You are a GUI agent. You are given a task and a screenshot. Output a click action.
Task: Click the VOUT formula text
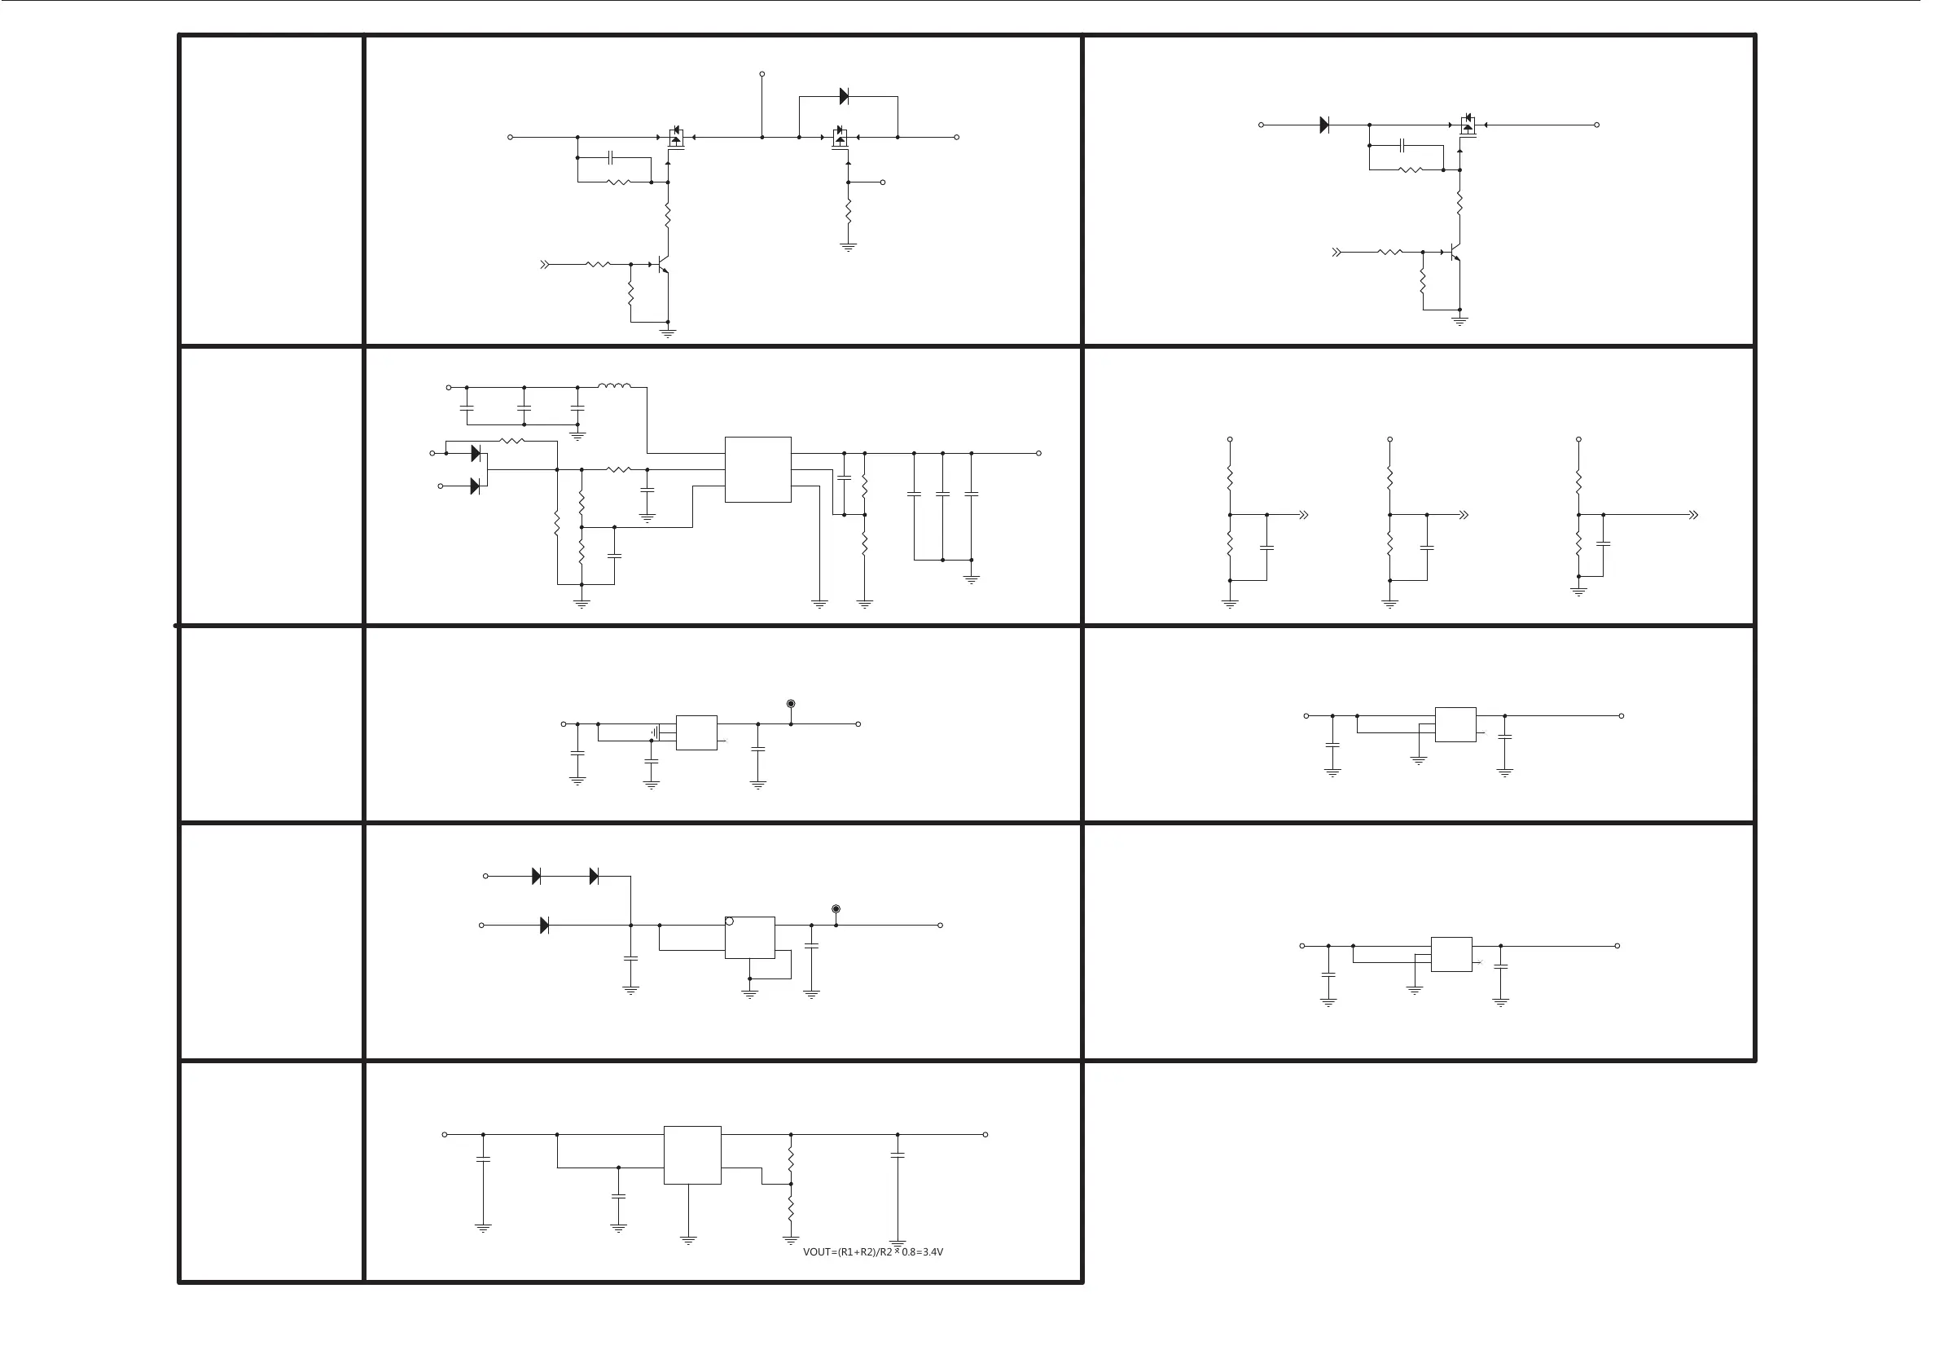click(x=872, y=1252)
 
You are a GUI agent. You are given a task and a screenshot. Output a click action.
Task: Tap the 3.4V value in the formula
click(x=932, y=1252)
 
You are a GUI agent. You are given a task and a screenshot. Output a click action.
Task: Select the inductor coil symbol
click(x=614, y=387)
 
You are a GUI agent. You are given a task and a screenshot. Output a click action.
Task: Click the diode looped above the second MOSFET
click(x=843, y=96)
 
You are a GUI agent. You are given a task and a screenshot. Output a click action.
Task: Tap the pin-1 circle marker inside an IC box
click(x=730, y=921)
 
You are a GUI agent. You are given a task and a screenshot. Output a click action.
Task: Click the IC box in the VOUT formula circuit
click(x=692, y=1154)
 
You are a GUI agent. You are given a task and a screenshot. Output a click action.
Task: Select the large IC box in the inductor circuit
click(x=758, y=469)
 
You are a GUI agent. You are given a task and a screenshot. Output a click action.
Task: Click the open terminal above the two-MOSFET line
click(x=762, y=74)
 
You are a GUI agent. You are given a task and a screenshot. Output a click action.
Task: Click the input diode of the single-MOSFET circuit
click(x=1324, y=125)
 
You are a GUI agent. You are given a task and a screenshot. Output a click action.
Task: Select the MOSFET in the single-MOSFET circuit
click(x=1468, y=126)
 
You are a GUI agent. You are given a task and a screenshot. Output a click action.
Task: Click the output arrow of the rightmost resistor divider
click(x=1692, y=515)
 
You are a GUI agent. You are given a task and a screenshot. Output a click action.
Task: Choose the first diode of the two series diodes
click(x=536, y=877)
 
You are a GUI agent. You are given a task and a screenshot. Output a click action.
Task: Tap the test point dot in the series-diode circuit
click(x=836, y=908)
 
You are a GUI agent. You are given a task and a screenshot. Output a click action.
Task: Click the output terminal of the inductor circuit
click(x=1038, y=453)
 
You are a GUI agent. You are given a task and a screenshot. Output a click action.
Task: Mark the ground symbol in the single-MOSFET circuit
click(x=1459, y=320)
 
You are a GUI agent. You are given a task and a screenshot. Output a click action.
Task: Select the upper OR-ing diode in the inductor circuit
click(x=475, y=454)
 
